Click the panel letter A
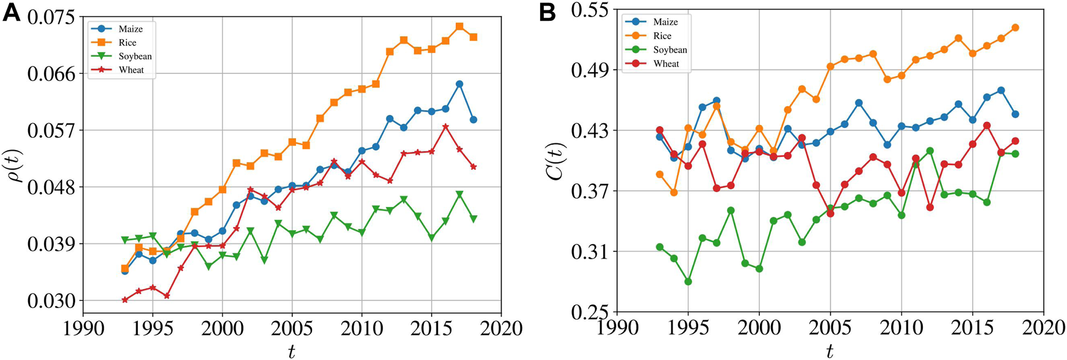[x=11, y=12]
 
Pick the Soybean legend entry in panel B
[x=670, y=50]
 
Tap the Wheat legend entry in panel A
[x=131, y=70]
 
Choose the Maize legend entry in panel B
[x=665, y=22]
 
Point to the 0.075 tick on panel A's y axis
[x=54, y=17]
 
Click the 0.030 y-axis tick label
[x=54, y=301]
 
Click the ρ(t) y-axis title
[x=15, y=160]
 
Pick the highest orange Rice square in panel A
[x=460, y=27]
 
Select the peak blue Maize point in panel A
[x=460, y=84]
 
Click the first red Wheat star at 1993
[x=125, y=300]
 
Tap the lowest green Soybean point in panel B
[x=689, y=282]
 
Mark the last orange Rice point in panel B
[x=1015, y=27]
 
